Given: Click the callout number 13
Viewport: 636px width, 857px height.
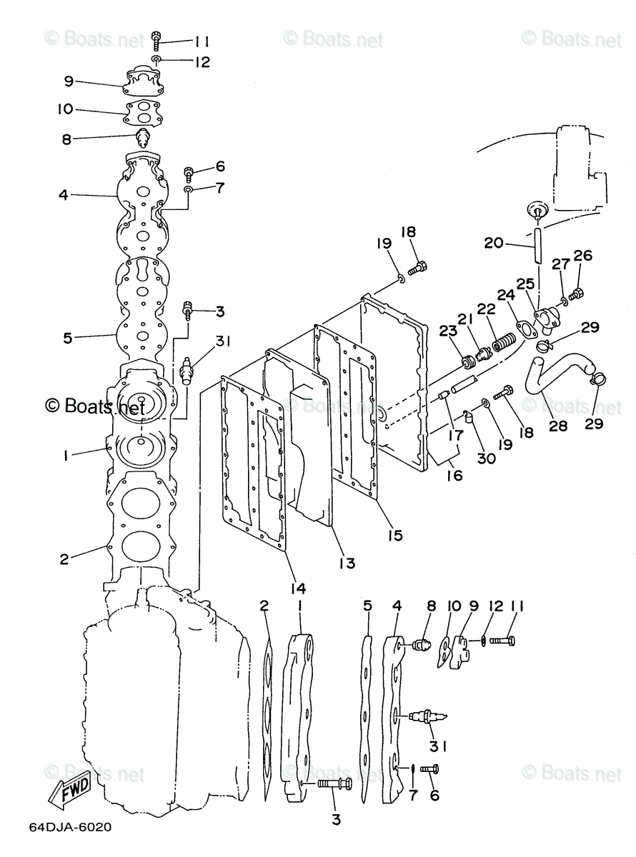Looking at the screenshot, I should (347, 563).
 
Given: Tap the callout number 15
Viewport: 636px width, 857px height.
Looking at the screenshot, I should (394, 534).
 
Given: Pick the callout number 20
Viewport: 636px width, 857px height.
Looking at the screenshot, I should (494, 243).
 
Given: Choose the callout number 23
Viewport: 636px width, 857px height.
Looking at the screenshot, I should (448, 331).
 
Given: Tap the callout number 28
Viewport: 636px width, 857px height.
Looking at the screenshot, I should (558, 426).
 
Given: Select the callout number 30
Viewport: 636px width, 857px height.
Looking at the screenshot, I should (487, 458).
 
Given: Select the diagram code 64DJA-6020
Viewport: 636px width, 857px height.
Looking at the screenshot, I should (70, 827).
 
